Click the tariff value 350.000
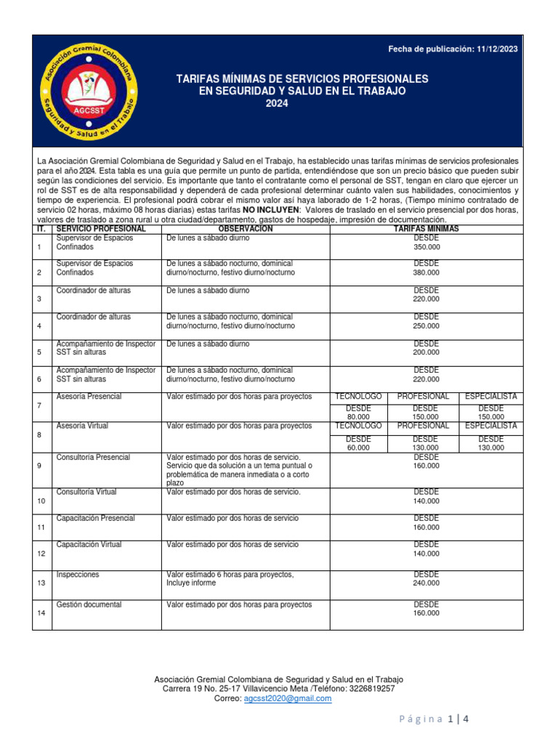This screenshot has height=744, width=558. [x=426, y=247]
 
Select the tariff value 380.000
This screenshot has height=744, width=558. [x=426, y=273]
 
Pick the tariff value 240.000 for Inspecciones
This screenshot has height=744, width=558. [x=426, y=583]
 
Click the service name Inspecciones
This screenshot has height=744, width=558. [x=78, y=575]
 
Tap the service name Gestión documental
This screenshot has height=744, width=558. [x=89, y=604]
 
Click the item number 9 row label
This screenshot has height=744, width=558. [x=39, y=465]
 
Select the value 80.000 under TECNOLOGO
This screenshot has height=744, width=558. [x=358, y=417]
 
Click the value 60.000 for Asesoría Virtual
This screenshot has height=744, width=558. [x=358, y=448]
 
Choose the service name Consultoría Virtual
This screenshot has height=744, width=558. [x=86, y=492]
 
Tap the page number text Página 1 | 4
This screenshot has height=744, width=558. [x=434, y=719]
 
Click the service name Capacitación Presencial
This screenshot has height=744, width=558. [x=95, y=518]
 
